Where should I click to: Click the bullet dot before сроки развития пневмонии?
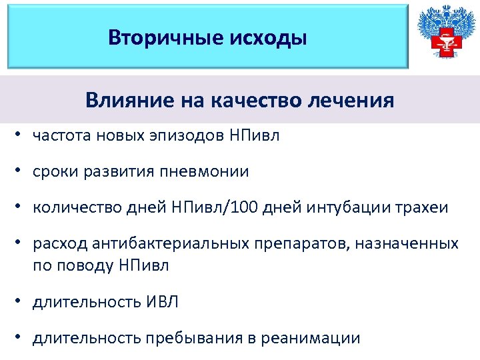(23, 172)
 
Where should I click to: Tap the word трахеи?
(425, 208)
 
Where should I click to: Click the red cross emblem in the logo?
(443, 43)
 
